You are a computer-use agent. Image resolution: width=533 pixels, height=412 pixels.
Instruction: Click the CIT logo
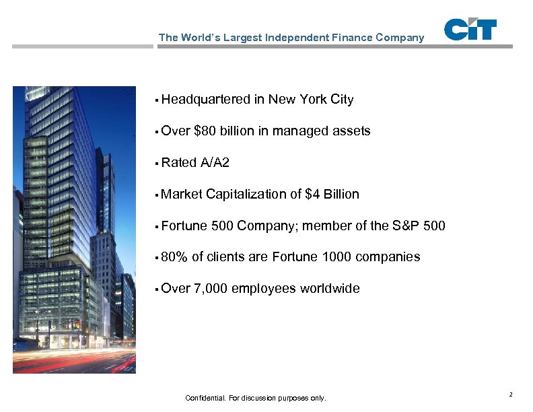[470, 30]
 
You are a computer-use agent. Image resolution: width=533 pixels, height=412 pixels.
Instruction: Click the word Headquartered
[206, 100]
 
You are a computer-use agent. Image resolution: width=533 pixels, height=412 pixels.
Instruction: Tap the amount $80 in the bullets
[205, 131]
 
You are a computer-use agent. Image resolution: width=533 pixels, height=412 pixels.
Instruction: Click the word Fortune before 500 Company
[184, 226]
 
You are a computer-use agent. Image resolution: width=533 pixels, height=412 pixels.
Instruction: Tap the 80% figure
[174, 257]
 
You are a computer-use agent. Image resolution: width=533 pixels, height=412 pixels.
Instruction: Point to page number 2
[511, 394]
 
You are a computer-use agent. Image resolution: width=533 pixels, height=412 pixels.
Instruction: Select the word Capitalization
[246, 195]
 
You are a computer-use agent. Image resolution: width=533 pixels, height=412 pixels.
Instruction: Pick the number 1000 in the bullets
[337, 257]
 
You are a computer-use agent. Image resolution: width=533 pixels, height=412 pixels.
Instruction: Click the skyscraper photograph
[74, 230]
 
